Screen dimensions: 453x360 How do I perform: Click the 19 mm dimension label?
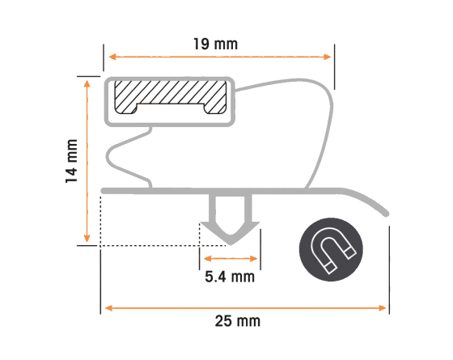tap(215, 44)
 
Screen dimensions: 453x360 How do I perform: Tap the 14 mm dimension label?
tap(72, 161)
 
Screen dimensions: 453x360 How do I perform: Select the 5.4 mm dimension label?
tap(230, 277)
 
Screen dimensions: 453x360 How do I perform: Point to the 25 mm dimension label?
tap(238, 321)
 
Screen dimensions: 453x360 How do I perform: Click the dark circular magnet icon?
tap(331, 250)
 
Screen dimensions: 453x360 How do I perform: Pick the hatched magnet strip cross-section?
tap(171, 97)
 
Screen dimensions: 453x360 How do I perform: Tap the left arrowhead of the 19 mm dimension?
tap(112, 57)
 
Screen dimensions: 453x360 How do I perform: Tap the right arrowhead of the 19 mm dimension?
tap(328, 57)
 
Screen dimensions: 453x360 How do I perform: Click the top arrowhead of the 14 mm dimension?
tap(87, 83)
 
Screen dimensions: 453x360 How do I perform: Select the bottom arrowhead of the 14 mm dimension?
tap(87, 239)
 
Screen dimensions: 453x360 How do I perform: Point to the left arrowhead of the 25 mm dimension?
tap(108, 308)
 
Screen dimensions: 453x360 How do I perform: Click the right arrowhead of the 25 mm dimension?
tap(382, 308)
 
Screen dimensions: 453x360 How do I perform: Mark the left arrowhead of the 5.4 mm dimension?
tap(208, 259)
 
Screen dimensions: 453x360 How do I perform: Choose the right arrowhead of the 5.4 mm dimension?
tap(253, 259)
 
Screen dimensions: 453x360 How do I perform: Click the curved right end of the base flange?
tap(368, 201)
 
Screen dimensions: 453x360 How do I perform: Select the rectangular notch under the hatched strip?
tap(171, 109)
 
